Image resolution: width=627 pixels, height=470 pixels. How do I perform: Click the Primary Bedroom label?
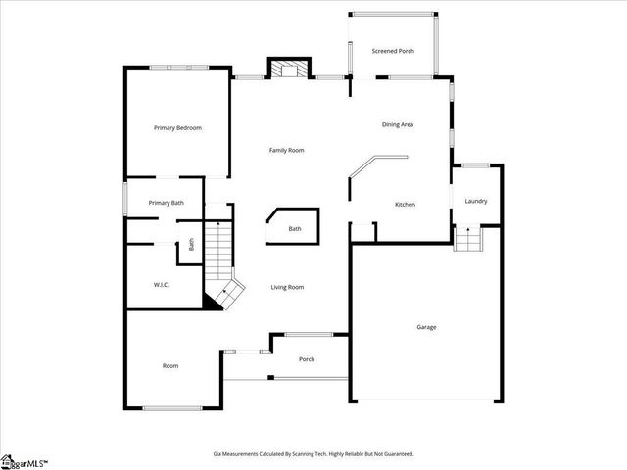[177, 128]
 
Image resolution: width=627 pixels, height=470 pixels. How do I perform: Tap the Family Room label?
[287, 150]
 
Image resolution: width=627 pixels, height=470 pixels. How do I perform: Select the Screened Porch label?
[392, 50]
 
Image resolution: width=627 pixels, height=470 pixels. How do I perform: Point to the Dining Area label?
[398, 124]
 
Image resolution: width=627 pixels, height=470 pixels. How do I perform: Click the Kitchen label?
[405, 205]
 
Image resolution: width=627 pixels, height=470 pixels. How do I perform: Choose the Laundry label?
[476, 202]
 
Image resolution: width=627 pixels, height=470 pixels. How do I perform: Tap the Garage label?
[426, 327]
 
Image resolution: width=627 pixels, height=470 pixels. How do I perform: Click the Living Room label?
[287, 287]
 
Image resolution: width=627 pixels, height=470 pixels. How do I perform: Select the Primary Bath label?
[166, 203]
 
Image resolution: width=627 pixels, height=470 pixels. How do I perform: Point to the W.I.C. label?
[162, 285]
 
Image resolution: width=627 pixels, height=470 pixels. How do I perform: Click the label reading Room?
[170, 366]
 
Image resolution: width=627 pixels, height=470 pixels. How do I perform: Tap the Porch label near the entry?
[306, 359]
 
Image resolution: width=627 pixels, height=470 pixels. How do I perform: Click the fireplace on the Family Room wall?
[288, 70]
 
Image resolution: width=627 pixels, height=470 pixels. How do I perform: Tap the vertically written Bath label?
[191, 245]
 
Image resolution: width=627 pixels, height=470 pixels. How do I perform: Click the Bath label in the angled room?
[295, 229]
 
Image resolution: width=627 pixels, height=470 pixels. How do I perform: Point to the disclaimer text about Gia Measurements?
[313, 454]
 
